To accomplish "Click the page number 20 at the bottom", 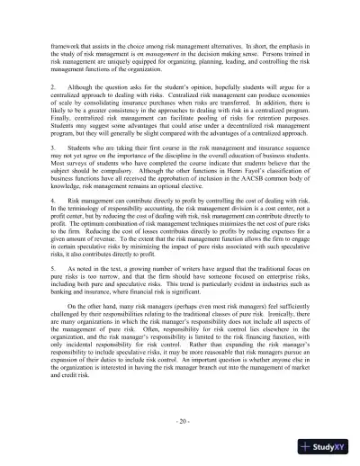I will click(180, 423).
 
